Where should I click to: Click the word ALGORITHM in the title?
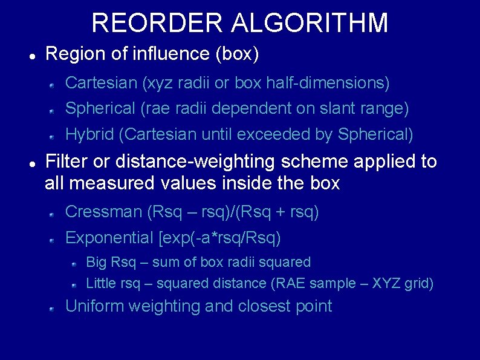(309, 24)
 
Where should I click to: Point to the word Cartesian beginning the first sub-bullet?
(101, 82)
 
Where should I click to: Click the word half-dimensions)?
(327, 82)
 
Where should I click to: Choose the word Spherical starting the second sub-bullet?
(100, 109)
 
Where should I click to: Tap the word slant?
(336, 109)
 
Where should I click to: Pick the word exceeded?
(271, 134)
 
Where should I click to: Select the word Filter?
(67, 162)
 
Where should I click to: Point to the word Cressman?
(103, 212)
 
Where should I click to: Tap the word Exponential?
(109, 238)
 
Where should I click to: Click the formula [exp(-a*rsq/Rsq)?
(219, 238)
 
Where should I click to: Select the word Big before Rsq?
(97, 263)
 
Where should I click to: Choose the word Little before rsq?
(102, 283)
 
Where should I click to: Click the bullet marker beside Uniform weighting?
(53, 308)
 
